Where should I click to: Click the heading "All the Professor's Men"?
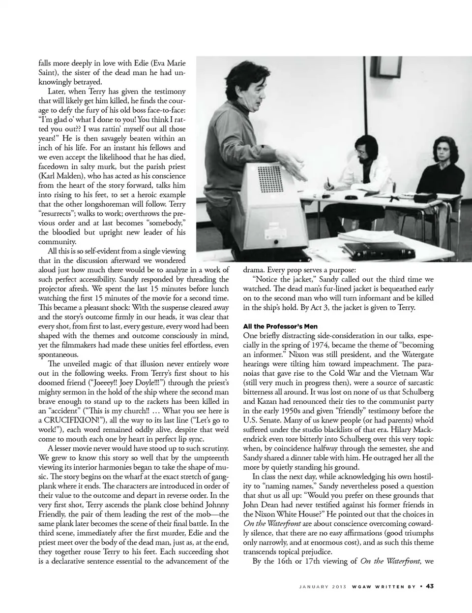click(280, 326)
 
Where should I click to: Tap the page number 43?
click(429, 586)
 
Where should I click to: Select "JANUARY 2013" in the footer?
click(322, 586)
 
